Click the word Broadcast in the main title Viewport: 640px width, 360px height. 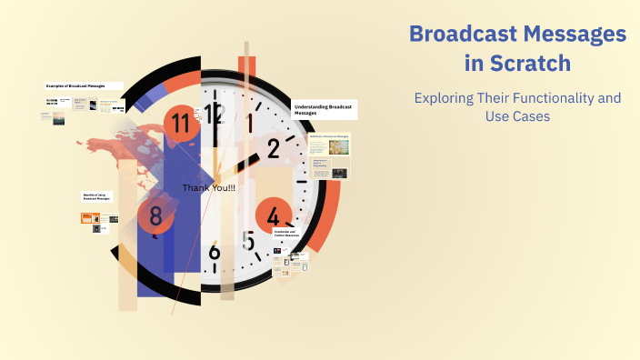point(464,34)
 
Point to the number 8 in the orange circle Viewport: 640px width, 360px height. point(156,216)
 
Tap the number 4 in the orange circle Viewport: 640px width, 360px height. point(274,216)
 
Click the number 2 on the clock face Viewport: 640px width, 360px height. point(273,148)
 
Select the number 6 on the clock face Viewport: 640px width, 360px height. point(215,252)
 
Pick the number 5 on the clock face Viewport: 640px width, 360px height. point(248,241)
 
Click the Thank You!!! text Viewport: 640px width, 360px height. point(209,188)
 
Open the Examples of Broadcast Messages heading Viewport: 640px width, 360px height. point(75,86)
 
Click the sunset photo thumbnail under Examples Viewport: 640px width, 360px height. point(58,118)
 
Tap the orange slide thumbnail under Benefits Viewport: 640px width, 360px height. point(90,218)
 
